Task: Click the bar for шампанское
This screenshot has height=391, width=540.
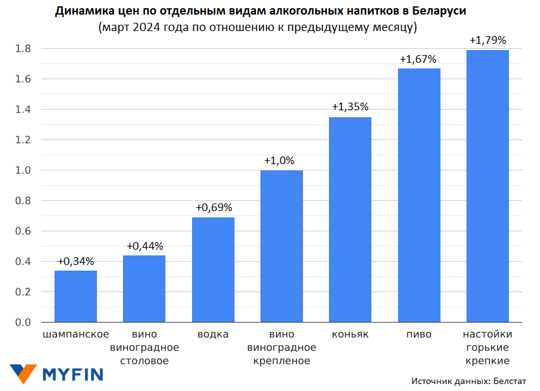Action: (x=75, y=297)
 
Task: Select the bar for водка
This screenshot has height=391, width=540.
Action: (x=213, y=270)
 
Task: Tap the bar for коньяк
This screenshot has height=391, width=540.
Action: (x=350, y=220)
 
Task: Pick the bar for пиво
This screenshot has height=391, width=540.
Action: (x=419, y=195)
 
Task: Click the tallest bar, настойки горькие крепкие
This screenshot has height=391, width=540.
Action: (x=487, y=186)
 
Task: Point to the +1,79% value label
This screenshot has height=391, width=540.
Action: (x=487, y=40)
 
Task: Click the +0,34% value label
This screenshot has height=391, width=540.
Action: (x=75, y=261)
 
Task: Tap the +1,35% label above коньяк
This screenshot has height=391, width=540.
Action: (x=350, y=107)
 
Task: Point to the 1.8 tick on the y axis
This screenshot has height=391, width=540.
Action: (x=23, y=49)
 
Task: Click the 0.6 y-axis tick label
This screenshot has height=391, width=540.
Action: (x=23, y=231)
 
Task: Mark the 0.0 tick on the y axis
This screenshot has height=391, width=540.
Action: (x=23, y=323)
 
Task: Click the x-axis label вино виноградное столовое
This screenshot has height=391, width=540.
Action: (x=145, y=347)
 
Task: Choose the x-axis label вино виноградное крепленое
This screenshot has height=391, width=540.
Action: (x=281, y=347)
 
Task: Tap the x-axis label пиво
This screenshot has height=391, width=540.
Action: (x=419, y=334)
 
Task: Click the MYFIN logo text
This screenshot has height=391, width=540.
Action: (x=72, y=374)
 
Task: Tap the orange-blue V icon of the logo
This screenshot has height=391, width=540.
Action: (x=23, y=373)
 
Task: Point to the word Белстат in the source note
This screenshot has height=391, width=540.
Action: (x=509, y=381)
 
